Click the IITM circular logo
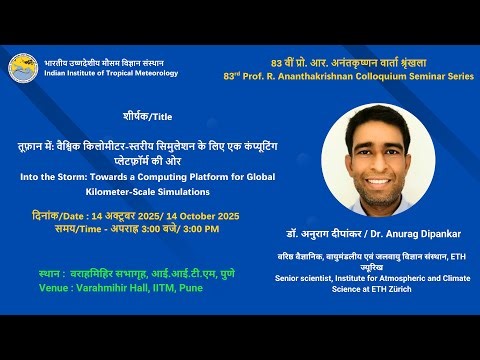click(x=23, y=68)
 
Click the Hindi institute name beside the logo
click(x=97, y=62)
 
